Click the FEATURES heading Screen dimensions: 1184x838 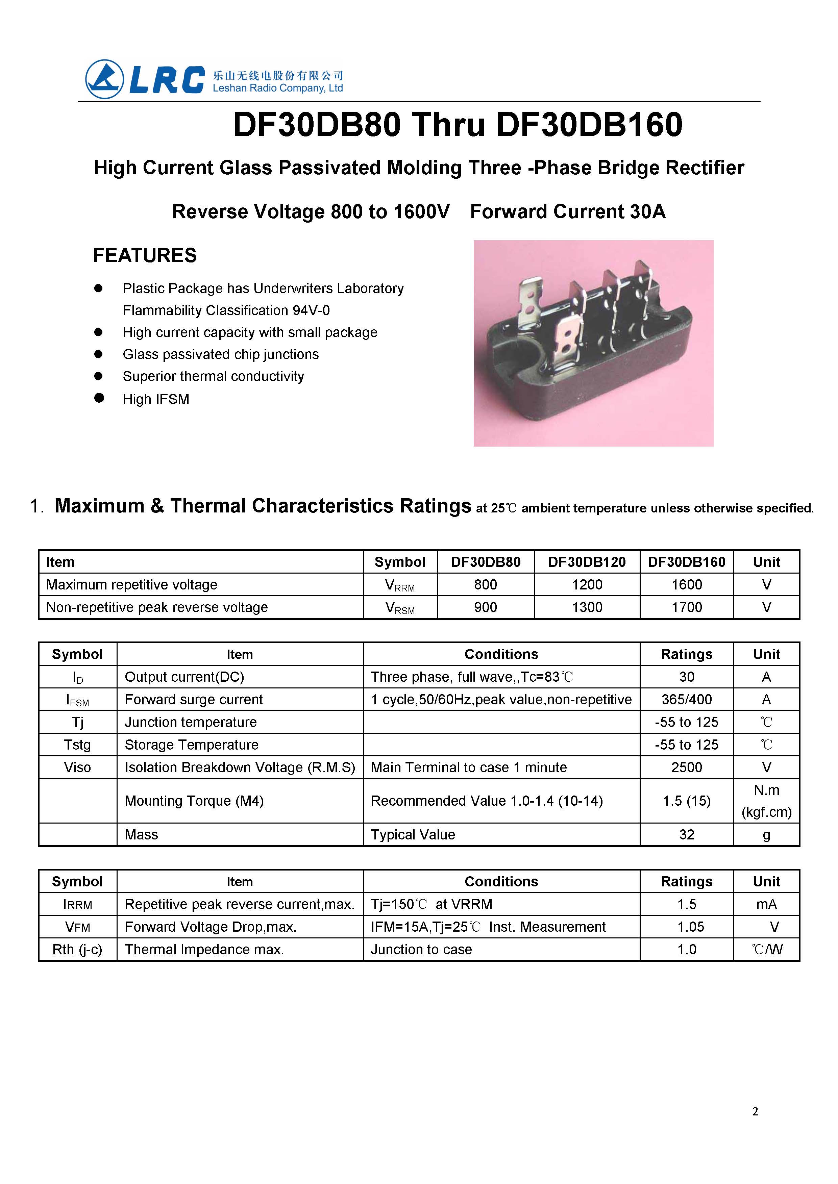point(145,255)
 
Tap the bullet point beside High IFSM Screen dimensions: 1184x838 point(99,398)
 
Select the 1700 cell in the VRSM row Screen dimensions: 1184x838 point(686,607)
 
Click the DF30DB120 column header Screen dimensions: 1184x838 point(587,562)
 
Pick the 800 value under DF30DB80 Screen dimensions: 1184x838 point(485,584)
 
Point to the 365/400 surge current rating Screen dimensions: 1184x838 point(686,700)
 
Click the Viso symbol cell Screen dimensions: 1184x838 point(77,767)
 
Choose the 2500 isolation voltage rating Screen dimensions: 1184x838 point(686,767)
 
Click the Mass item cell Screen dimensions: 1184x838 point(141,834)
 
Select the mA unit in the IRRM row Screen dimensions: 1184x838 point(766,904)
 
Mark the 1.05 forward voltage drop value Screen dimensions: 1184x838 point(690,927)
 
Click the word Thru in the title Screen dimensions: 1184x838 point(448,125)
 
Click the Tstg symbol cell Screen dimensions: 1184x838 point(77,745)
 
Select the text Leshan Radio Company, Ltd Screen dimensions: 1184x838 point(278,88)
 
